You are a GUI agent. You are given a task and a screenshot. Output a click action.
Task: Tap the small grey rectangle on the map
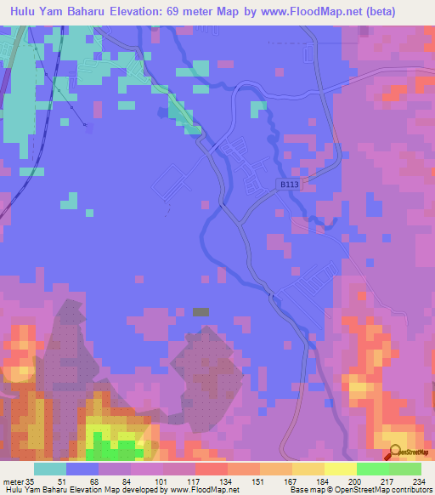201,312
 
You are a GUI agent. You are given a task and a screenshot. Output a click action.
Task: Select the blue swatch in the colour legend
82,469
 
